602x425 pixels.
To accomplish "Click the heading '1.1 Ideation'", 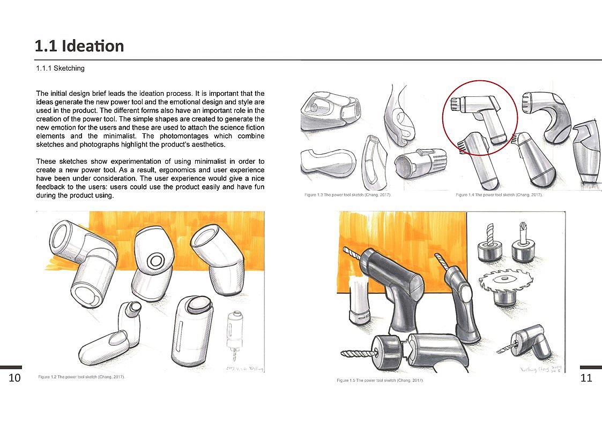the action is click(x=79, y=46).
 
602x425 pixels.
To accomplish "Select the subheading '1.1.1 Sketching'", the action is click(x=60, y=69).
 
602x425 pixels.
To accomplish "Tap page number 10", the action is click(x=14, y=378).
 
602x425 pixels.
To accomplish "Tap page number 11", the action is click(x=586, y=378).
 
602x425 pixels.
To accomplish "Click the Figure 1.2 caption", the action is click(x=81, y=377).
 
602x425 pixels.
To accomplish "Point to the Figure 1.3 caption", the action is click(x=347, y=195).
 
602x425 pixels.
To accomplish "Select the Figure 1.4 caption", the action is click(x=499, y=195).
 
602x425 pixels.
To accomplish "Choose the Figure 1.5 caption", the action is click(x=380, y=380).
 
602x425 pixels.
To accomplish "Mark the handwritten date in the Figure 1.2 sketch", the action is click(x=236, y=368).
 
